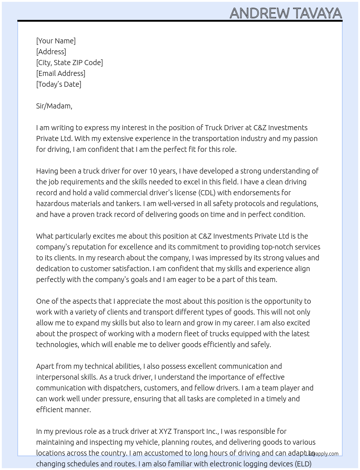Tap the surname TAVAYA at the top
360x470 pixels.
(317, 13)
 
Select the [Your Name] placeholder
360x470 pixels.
(56, 41)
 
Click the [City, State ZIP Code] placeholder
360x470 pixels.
(69, 63)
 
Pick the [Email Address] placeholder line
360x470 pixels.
(61, 73)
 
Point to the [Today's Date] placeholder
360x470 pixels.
(59, 84)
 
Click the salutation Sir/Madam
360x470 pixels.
(54, 106)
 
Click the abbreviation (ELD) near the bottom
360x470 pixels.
(303, 464)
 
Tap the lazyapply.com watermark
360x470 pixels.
(322, 454)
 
